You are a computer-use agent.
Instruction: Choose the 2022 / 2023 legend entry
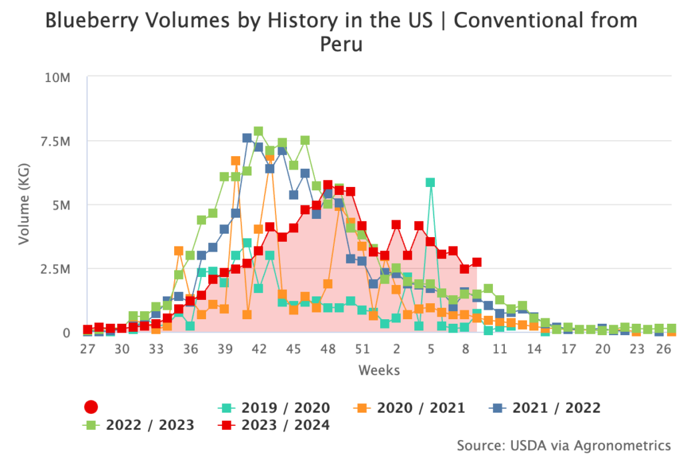tap(139, 425)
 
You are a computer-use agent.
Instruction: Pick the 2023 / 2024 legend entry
tap(274, 425)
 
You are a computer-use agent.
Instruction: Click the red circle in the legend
tap(92, 407)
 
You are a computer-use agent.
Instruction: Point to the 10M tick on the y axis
tap(57, 78)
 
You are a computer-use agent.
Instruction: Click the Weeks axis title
tap(379, 369)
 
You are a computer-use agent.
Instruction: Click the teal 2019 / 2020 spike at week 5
tap(430, 182)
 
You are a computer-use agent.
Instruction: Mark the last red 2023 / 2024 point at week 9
tap(476, 262)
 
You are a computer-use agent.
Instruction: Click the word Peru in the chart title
tap(341, 45)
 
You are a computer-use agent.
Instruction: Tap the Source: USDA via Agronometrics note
tap(564, 445)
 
